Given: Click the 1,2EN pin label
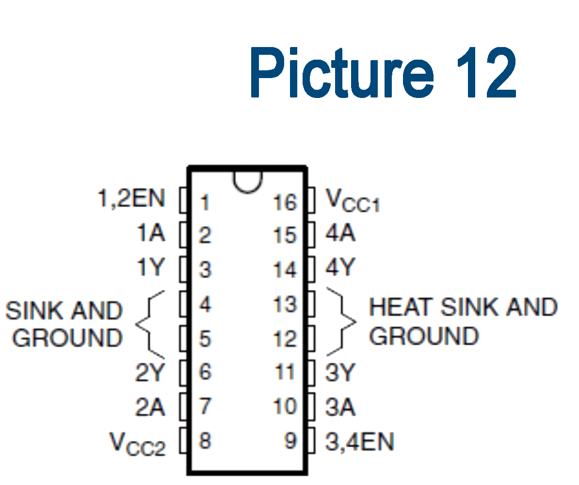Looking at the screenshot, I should [x=131, y=198].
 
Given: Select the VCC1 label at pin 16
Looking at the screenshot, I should [x=352, y=201].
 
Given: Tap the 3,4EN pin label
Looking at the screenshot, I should [x=359, y=441].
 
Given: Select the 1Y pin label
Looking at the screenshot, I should [x=150, y=267].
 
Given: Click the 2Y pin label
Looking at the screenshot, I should [x=150, y=373].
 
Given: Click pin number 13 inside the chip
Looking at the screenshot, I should [x=285, y=305].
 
